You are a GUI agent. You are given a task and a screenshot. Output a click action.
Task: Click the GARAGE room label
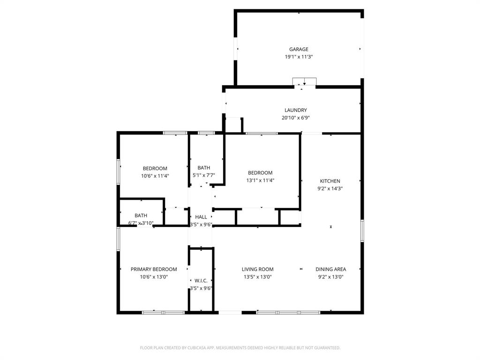(298, 49)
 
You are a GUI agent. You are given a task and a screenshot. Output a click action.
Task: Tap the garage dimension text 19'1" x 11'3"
(298, 57)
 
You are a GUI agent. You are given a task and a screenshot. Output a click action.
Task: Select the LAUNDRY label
(295, 110)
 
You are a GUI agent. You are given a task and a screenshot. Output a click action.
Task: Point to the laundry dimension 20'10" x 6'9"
(295, 118)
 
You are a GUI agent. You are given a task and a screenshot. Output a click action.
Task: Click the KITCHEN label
(330, 181)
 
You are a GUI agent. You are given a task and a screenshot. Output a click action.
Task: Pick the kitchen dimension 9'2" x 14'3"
(330, 188)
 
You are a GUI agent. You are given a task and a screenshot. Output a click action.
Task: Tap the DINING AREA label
(330, 269)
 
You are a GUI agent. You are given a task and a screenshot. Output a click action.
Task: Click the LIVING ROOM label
(257, 269)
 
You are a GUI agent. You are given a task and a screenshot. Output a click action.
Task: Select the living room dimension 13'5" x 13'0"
(257, 277)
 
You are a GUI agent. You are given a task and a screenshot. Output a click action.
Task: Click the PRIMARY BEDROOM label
(154, 269)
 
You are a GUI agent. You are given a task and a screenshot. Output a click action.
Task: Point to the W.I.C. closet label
(201, 280)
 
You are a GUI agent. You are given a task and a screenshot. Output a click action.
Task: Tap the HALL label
(201, 217)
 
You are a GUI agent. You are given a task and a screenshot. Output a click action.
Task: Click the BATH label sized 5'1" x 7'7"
(204, 168)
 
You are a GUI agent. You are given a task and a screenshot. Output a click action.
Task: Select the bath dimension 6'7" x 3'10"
(141, 223)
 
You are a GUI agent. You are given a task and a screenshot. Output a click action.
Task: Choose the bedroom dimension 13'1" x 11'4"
(260, 180)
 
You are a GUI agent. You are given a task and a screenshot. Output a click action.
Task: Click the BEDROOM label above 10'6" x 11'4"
(155, 168)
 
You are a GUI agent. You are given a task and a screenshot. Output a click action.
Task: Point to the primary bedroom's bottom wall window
(163, 312)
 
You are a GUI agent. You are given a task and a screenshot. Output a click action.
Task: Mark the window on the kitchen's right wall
(362, 231)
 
